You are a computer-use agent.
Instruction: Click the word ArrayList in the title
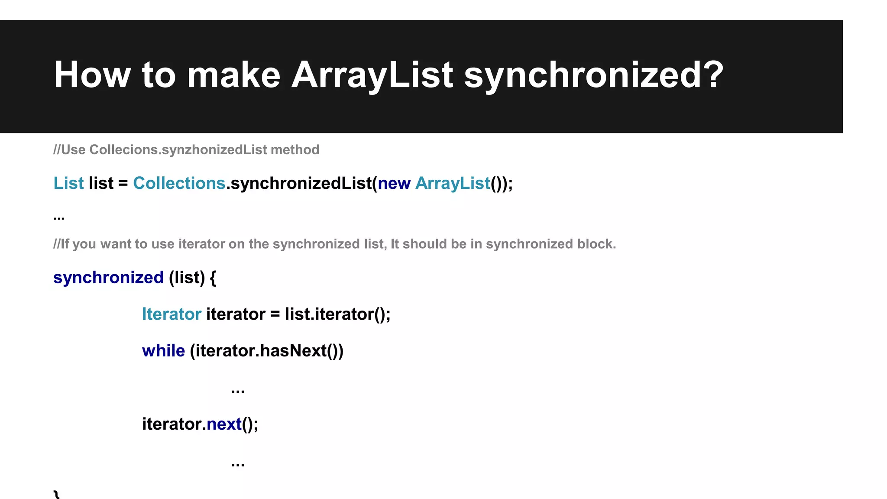pos(372,75)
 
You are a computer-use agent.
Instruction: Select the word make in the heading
pos(233,75)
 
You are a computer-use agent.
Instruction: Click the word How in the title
pos(92,75)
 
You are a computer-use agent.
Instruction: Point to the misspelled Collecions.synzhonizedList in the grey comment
pos(178,150)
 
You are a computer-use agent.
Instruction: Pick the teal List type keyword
pos(68,183)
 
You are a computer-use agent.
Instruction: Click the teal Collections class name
pos(179,183)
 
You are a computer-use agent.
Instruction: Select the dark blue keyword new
pos(394,184)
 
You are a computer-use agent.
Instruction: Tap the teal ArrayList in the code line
pos(453,184)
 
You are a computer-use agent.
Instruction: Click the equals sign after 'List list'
pos(123,184)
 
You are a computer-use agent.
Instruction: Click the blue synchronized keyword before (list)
pos(108,278)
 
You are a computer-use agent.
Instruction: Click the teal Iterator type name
pos(172,314)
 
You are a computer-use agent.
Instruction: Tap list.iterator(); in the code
pos(337,314)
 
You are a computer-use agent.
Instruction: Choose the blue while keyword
pos(163,351)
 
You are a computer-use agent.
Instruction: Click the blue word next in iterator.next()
pos(224,424)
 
